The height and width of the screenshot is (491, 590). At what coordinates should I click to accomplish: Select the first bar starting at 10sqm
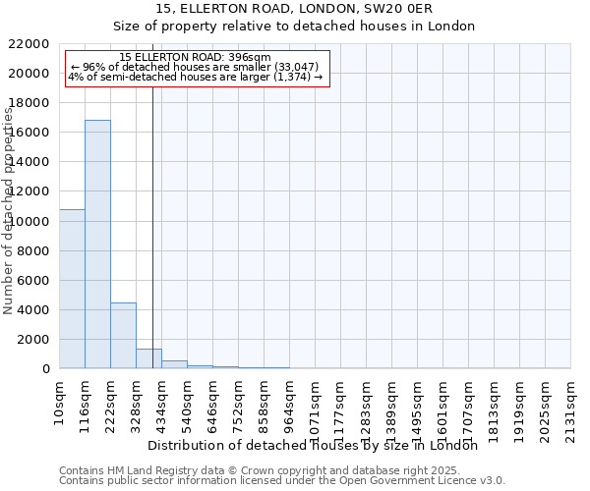[x=72, y=289]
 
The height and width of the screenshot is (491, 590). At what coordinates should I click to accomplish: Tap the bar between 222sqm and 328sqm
[x=123, y=335]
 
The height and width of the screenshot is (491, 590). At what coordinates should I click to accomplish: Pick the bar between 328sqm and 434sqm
[x=148, y=358]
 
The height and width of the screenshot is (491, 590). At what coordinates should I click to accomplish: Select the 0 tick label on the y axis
[x=45, y=369]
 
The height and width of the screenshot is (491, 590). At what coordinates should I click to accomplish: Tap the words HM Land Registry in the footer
[x=132, y=470]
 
